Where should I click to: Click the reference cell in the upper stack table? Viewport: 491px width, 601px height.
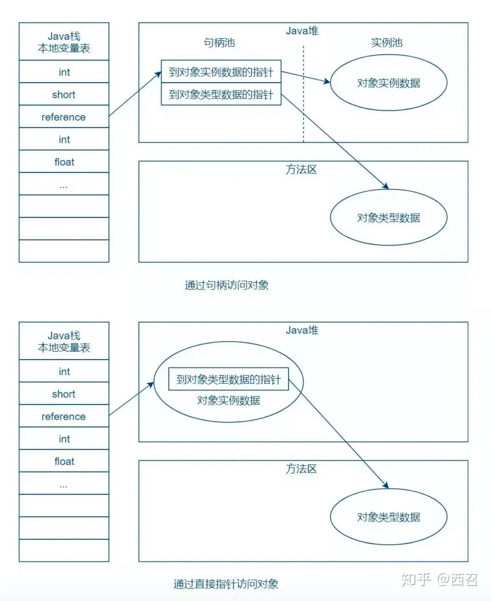point(64,117)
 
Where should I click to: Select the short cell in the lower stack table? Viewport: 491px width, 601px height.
point(64,394)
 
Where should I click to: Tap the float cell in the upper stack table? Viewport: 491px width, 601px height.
point(64,162)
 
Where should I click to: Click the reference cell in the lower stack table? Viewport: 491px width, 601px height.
point(64,417)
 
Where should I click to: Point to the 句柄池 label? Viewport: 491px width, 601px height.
point(219,43)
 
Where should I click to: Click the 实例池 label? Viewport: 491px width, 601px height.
point(386,43)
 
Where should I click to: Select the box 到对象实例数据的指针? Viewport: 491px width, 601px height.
point(221,72)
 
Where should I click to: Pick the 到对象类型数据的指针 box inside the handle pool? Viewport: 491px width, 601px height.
point(221,95)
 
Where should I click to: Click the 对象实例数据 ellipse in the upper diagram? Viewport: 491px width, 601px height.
point(388,83)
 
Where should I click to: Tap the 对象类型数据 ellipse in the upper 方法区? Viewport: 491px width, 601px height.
point(388,218)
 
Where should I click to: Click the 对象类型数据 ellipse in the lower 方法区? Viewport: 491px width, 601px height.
point(388,517)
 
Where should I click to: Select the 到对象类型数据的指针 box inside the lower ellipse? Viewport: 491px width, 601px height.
point(228,379)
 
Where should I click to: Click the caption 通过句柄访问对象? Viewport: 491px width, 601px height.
point(226,285)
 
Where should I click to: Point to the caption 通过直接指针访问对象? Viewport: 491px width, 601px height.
point(226,584)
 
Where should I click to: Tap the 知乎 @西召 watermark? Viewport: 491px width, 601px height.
point(439,579)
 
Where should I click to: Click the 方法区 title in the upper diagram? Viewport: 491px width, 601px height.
point(301,169)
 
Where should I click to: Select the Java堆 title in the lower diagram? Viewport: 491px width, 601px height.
point(302,330)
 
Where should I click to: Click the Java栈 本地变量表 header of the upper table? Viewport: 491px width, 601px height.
point(64,42)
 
